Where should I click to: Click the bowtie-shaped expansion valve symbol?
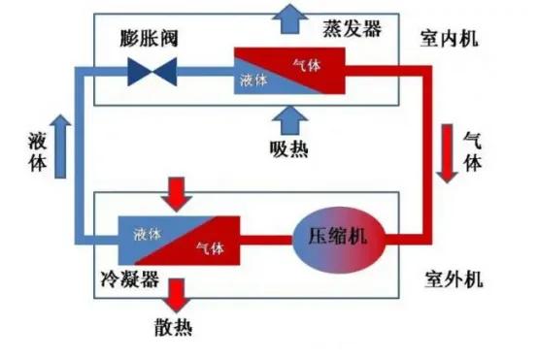click(152, 71)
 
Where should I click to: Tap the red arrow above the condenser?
click(177, 192)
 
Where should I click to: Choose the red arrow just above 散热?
click(177, 292)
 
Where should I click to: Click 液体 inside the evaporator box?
click(253, 80)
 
